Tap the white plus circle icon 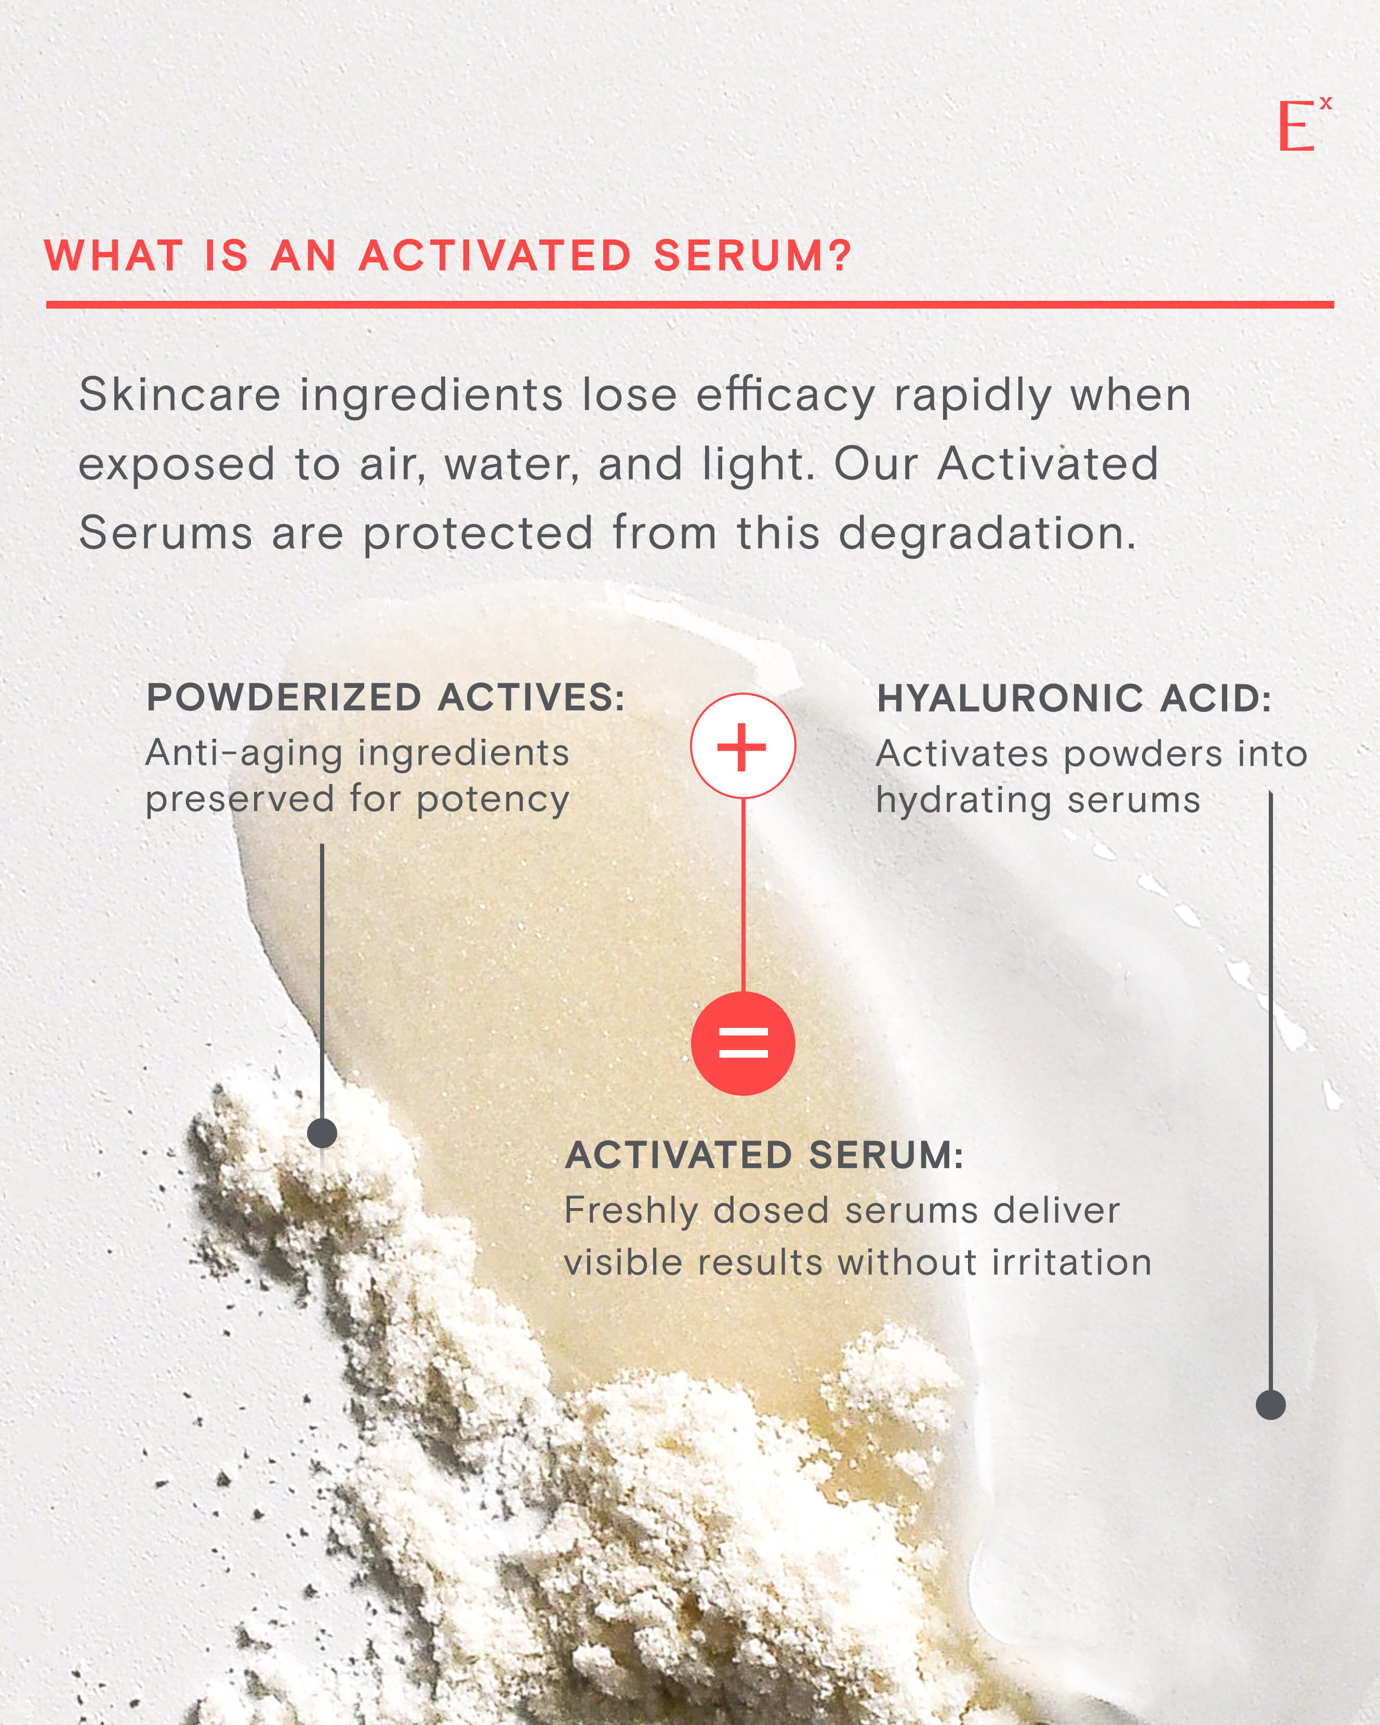tap(742, 746)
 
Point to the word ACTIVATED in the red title tap(495, 256)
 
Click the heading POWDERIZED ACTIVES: tap(386, 698)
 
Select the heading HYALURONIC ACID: tap(1073, 698)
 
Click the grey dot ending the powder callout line tap(322, 1133)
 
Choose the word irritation tap(1071, 1263)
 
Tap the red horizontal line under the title tap(689, 304)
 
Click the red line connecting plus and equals tap(743, 895)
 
